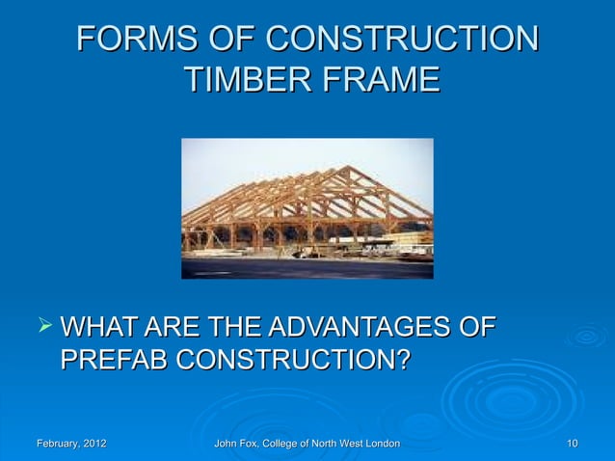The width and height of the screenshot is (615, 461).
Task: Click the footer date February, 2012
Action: pos(71,444)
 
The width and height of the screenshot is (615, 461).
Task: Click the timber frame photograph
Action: pos(307,207)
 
